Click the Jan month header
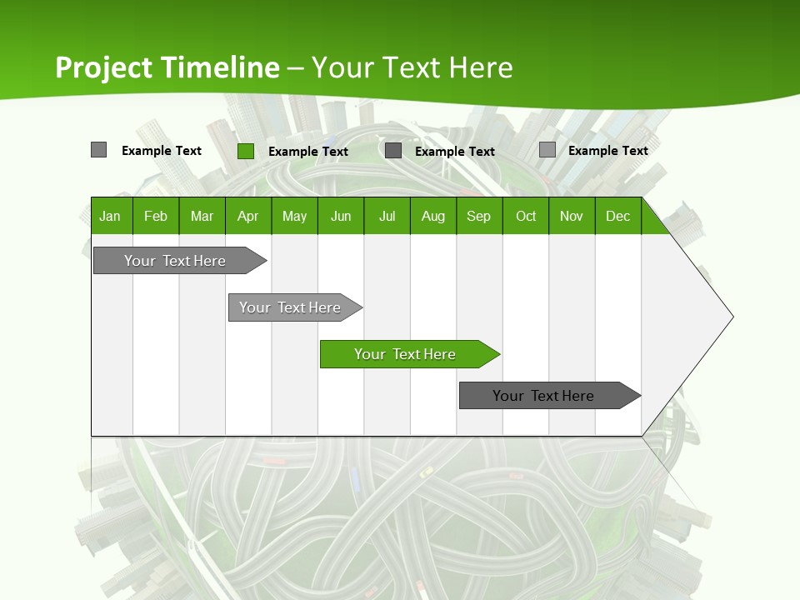111,216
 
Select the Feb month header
156,216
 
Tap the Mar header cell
202,216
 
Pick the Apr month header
247,216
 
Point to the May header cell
294,216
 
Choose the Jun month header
341,216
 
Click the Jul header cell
387,216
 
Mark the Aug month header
433,216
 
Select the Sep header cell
479,216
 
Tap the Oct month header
526,216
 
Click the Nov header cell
572,216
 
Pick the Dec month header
617,216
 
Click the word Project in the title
105,67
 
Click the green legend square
246,151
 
